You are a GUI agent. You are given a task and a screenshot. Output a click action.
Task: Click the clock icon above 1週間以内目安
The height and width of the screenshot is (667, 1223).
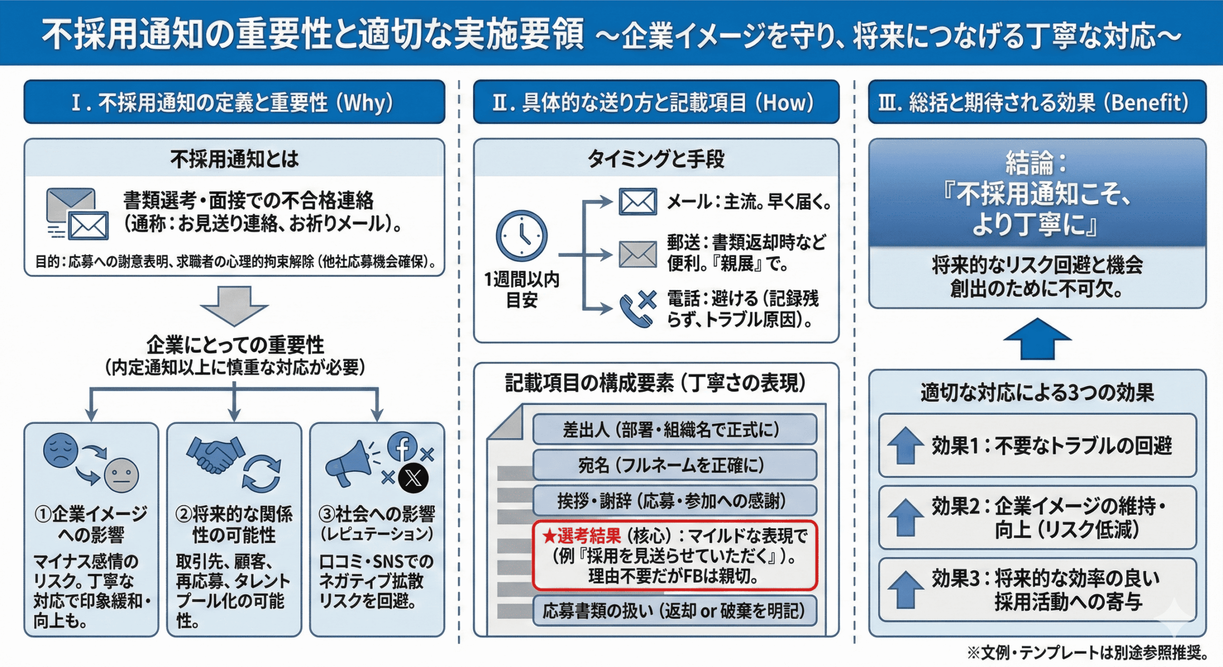tap(521, 236)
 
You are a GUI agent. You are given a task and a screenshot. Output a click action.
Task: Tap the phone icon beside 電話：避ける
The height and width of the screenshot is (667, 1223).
tap(636, 309)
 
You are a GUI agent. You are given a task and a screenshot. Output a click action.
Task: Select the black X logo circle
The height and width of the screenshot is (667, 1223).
tap(414, 478)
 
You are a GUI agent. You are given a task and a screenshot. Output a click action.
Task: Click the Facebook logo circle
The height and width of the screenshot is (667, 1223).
tap(402, 447)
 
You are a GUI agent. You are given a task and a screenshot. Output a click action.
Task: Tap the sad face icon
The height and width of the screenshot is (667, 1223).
tap(60, 450)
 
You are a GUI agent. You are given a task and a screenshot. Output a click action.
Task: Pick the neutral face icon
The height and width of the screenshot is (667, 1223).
tap(121, 475)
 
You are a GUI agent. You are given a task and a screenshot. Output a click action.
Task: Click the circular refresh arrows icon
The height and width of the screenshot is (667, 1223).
tap(261, 473)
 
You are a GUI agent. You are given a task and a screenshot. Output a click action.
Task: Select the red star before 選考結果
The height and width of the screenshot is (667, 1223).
tap(549, 536)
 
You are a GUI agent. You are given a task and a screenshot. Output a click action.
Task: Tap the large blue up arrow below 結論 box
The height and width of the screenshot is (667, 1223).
tap(1037, 339)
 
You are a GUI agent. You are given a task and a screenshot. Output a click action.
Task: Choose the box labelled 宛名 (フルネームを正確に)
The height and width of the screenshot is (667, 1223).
tap(675, 465)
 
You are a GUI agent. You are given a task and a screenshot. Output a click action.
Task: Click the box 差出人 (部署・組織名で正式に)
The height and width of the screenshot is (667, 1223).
tap(675, 430)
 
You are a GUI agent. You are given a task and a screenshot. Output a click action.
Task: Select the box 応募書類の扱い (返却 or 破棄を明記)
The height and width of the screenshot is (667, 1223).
tap(675, 611)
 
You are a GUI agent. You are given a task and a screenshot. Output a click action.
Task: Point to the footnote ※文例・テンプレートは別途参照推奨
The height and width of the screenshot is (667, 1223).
tap(1089, 652)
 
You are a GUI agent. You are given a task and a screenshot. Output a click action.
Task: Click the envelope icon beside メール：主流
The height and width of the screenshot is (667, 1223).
tap(638, 202)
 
